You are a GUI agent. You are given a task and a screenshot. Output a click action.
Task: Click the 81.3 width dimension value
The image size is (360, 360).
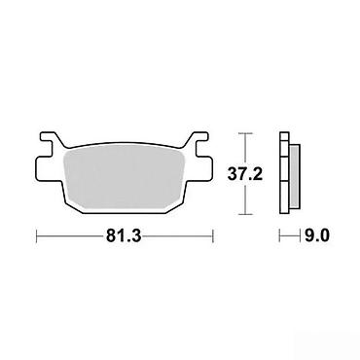click(124, 235)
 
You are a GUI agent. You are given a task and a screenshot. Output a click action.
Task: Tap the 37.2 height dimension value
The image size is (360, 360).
click(245, 174)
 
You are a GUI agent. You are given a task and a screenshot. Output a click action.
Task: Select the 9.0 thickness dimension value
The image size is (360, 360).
click(316, 235)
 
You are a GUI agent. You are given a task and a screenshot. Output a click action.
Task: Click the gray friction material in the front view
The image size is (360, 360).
click(124, 178)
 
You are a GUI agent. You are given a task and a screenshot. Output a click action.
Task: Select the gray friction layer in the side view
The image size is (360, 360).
click(295, 176)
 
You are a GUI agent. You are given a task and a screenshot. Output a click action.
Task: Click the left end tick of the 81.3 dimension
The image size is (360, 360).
click(36, 235)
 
